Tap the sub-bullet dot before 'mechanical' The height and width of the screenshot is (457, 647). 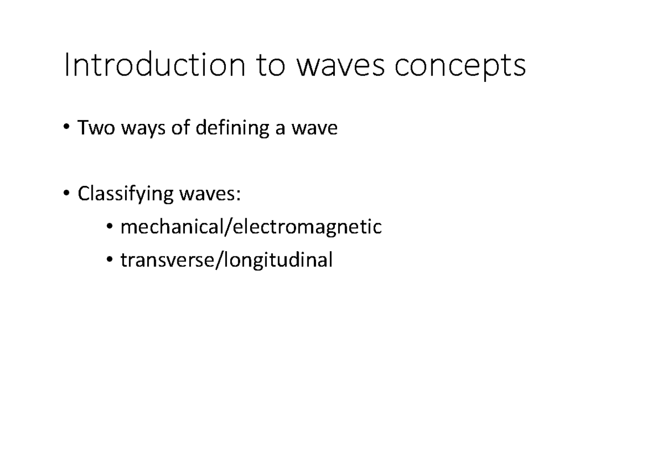point(109,227)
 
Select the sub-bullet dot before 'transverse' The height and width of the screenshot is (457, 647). point(109,261)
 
